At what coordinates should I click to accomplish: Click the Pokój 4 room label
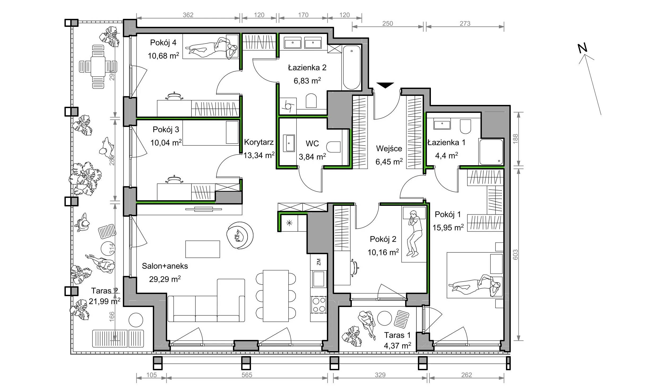(163, 42)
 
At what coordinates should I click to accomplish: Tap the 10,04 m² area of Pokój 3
(166, 143)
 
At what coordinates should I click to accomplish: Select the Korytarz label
(259, 142)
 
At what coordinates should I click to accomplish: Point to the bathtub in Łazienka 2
(352, 67)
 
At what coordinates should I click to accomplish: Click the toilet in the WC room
(333, 147)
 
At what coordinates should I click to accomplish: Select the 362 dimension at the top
(188, 15)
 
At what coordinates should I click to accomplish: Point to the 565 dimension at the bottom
(247, 375)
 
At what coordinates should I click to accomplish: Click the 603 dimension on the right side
(515, 255)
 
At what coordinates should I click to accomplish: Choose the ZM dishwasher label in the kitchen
(319, 262)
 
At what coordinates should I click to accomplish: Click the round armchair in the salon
(240, 235)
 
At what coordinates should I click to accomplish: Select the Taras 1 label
(397, 335)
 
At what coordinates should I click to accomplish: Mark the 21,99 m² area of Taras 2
(105, 301)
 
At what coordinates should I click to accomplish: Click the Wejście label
(389, 149)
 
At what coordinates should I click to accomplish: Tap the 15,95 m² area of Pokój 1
(448, 228)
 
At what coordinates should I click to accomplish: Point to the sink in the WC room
(289, 143)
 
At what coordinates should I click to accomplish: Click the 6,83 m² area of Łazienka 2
(307, 81)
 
